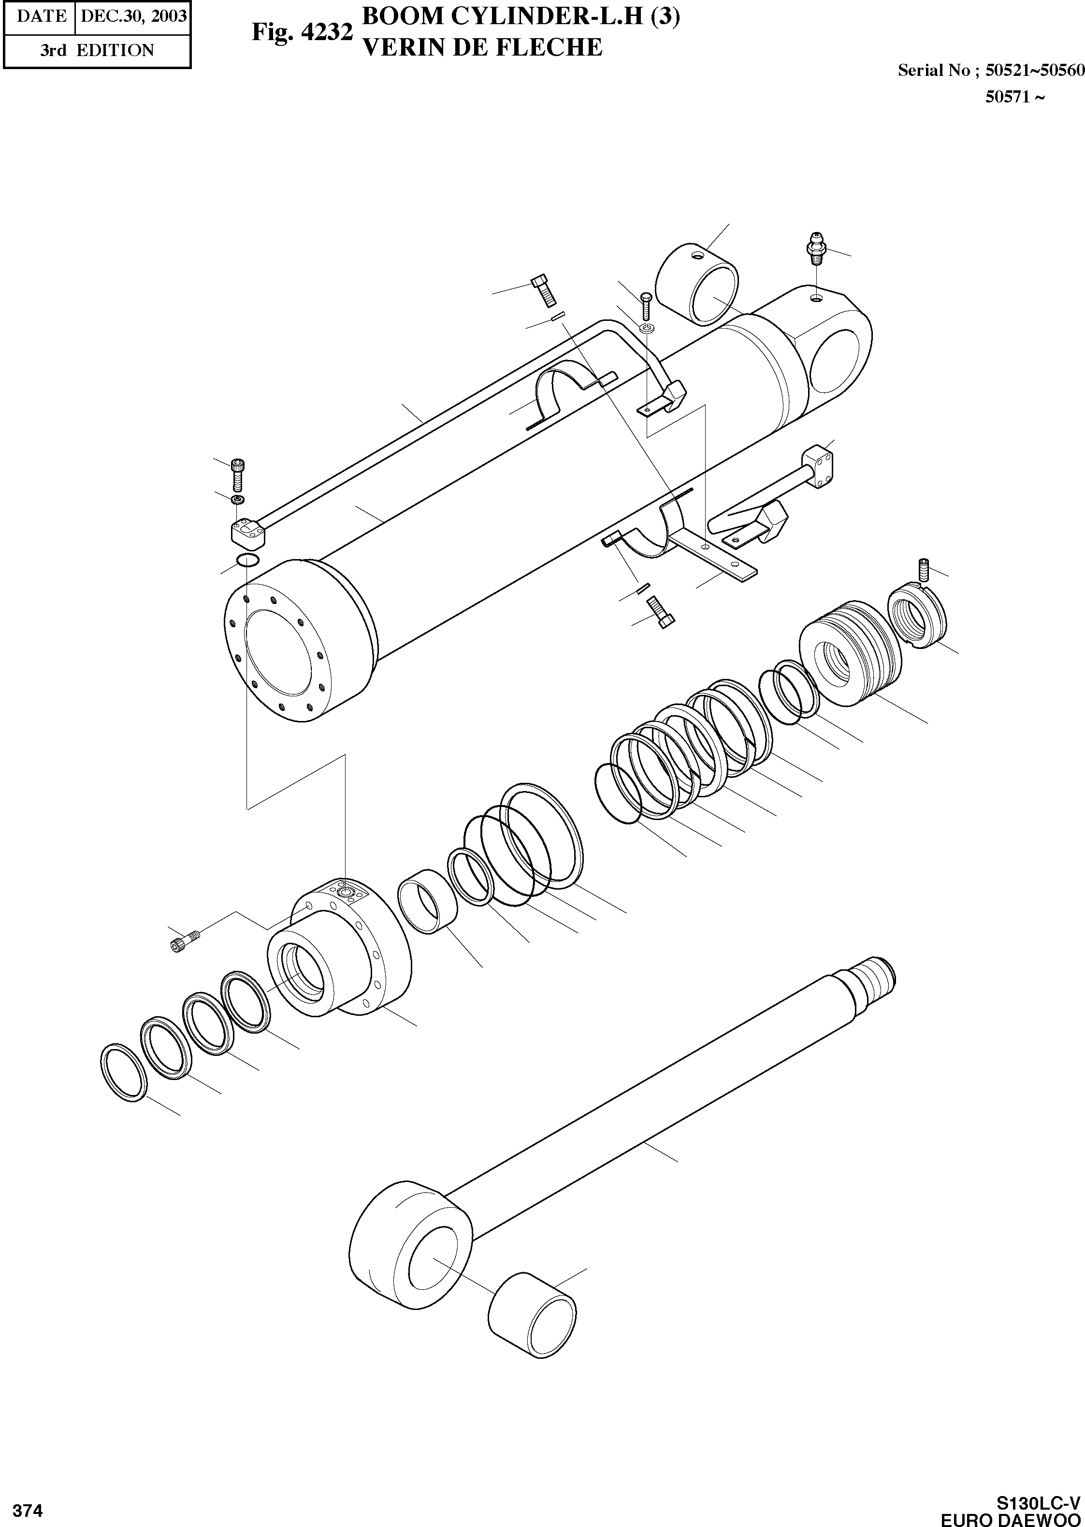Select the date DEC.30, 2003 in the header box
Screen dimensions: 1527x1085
click(x=133, y=16)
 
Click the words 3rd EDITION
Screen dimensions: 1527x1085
click(x=97, y=50)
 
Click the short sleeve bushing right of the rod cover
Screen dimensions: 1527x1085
click(x=428, y=902)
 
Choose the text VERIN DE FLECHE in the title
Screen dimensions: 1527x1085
click(x=481, y=47)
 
